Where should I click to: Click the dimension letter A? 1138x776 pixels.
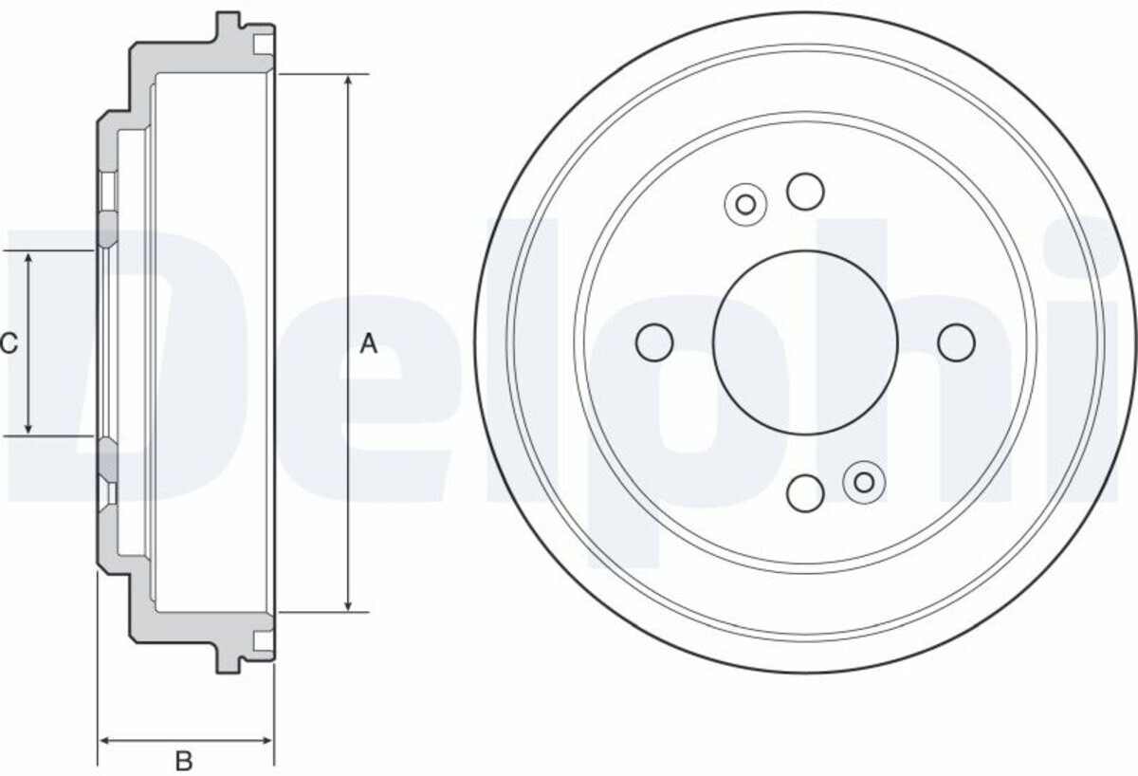pyautogui.click(x=368, y=344)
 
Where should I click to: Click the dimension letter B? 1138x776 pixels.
pyautogui.click(x=184, y=761)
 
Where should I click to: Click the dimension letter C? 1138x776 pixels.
pyautogui.click(x=9, y=343)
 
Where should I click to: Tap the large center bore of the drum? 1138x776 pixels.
pyautogui.click(x=805, y=343)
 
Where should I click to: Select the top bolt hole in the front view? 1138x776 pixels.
pyautogui.click(x=805, y=191)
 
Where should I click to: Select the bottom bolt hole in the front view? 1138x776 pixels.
pyautogui.click(x=805, y=493)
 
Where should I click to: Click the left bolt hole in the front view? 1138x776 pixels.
pyautogui.click(x=654, y=342)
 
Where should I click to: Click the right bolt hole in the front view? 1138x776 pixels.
pyautogui.click(x=956, y=342)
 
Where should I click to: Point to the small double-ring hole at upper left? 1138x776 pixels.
pyautogui.click(x=745, y=205)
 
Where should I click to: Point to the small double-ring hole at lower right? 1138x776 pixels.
pyautogui.click(x=864, y=482)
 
